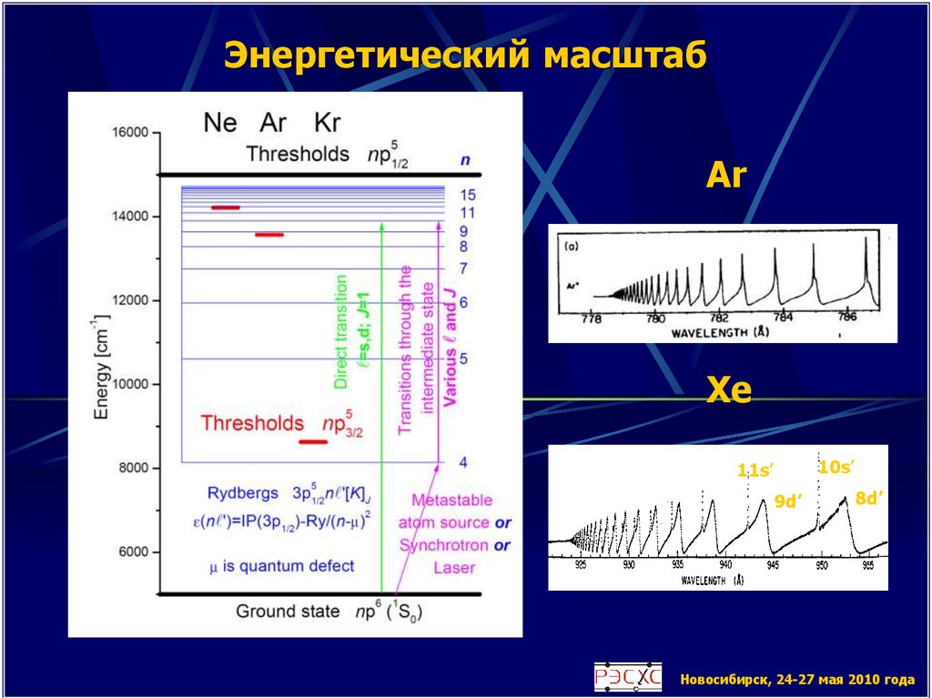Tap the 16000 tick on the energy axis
tap(129, 133)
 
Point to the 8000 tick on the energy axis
tap(129, 469)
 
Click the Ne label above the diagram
tap(221, 121)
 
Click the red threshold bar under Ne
tap(226, 207)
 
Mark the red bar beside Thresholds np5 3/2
tap(313, 442)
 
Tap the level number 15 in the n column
tap(468, 195)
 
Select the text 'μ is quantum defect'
tap(281, 566)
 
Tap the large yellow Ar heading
tap(726, 176)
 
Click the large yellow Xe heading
tap(729, 392)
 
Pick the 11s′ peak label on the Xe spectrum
tap(755, 470)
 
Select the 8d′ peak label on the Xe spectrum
tap(870, 497)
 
